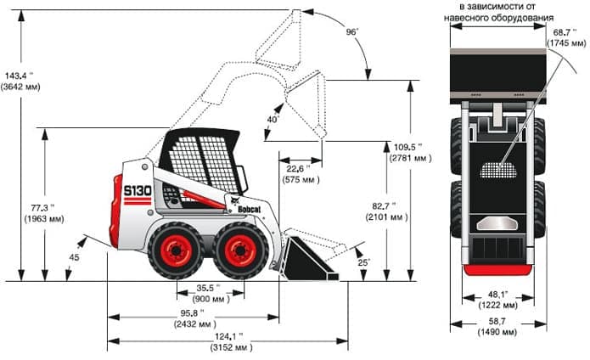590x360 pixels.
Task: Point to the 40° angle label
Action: (272, 120)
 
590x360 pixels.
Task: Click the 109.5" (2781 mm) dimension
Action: (410, 151)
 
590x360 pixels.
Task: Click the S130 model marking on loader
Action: (137, 191)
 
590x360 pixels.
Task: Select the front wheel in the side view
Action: (239, 250)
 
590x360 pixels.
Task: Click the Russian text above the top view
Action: (501, 12)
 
